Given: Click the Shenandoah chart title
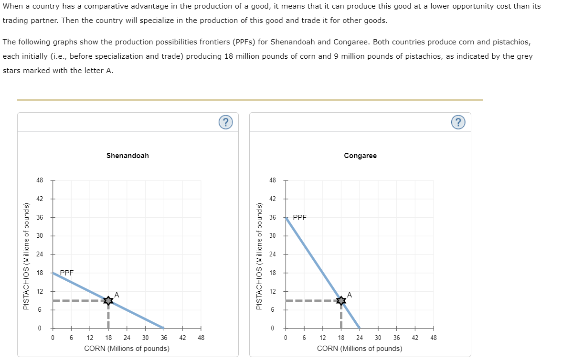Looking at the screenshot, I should (127, 156).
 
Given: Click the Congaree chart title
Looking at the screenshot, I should (360, 156).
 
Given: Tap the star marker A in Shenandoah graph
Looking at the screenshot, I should (108, 300).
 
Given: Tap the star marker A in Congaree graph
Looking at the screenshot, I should (341, 300).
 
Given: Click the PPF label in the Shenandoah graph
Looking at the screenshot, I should (66, 273).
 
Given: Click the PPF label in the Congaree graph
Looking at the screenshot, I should (299, 217).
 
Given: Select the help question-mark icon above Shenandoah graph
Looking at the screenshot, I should (226, 122).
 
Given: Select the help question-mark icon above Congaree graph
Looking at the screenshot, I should (458, 122).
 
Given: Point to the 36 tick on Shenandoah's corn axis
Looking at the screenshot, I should (164, 337).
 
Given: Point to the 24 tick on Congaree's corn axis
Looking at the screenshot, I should (360, 337).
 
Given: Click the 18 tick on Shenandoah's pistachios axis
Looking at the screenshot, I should (40, 273).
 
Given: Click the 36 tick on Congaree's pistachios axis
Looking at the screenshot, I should (273, 217).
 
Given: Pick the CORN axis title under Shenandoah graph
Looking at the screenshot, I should (127, 349).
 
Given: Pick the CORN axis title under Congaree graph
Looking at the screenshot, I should (360, 349).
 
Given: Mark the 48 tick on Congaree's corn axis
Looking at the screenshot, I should (434, 337).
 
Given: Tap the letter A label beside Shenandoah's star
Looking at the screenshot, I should (117, 295).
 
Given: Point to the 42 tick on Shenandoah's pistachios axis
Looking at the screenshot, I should (40, 199).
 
